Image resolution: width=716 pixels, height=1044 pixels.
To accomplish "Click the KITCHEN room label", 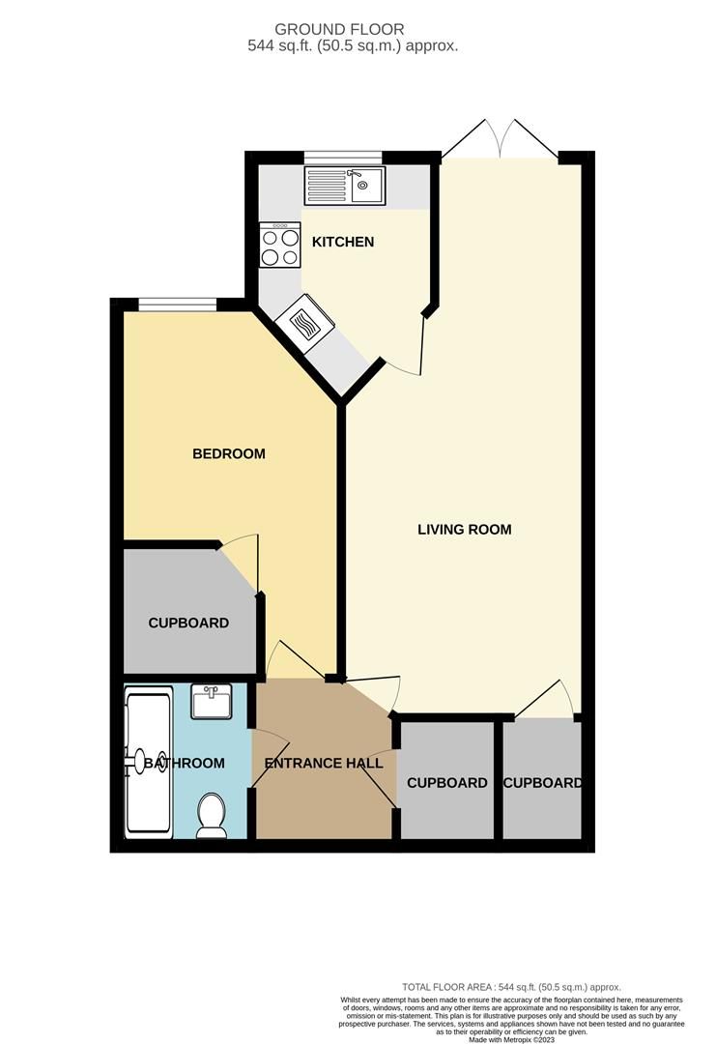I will point(343,242).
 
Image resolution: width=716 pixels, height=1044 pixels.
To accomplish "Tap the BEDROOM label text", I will point(229,453).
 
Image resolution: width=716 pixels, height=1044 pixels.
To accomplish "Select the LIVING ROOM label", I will point(464,530).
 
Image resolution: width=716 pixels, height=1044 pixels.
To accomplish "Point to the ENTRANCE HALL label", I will point(323,763).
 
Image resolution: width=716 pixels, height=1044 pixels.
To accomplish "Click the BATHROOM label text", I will point(185,763).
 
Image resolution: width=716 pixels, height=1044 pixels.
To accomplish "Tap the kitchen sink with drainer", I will point(345,185).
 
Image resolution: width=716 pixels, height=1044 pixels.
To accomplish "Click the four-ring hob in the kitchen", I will point(280,246).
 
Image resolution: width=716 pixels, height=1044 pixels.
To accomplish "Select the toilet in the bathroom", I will point(210,817).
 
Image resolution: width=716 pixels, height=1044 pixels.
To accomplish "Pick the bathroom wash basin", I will point(211,702).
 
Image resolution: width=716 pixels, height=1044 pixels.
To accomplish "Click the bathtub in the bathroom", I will point(149,763).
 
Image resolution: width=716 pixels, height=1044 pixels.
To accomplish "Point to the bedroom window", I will point(177,305).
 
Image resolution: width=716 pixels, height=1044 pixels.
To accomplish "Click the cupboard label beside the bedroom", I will point(188,623).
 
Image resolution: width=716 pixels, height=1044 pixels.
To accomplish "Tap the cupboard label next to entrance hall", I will point(447,782).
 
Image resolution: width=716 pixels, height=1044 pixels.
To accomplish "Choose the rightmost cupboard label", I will point(542,782).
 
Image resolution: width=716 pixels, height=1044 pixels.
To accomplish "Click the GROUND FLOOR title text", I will point(353,30).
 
